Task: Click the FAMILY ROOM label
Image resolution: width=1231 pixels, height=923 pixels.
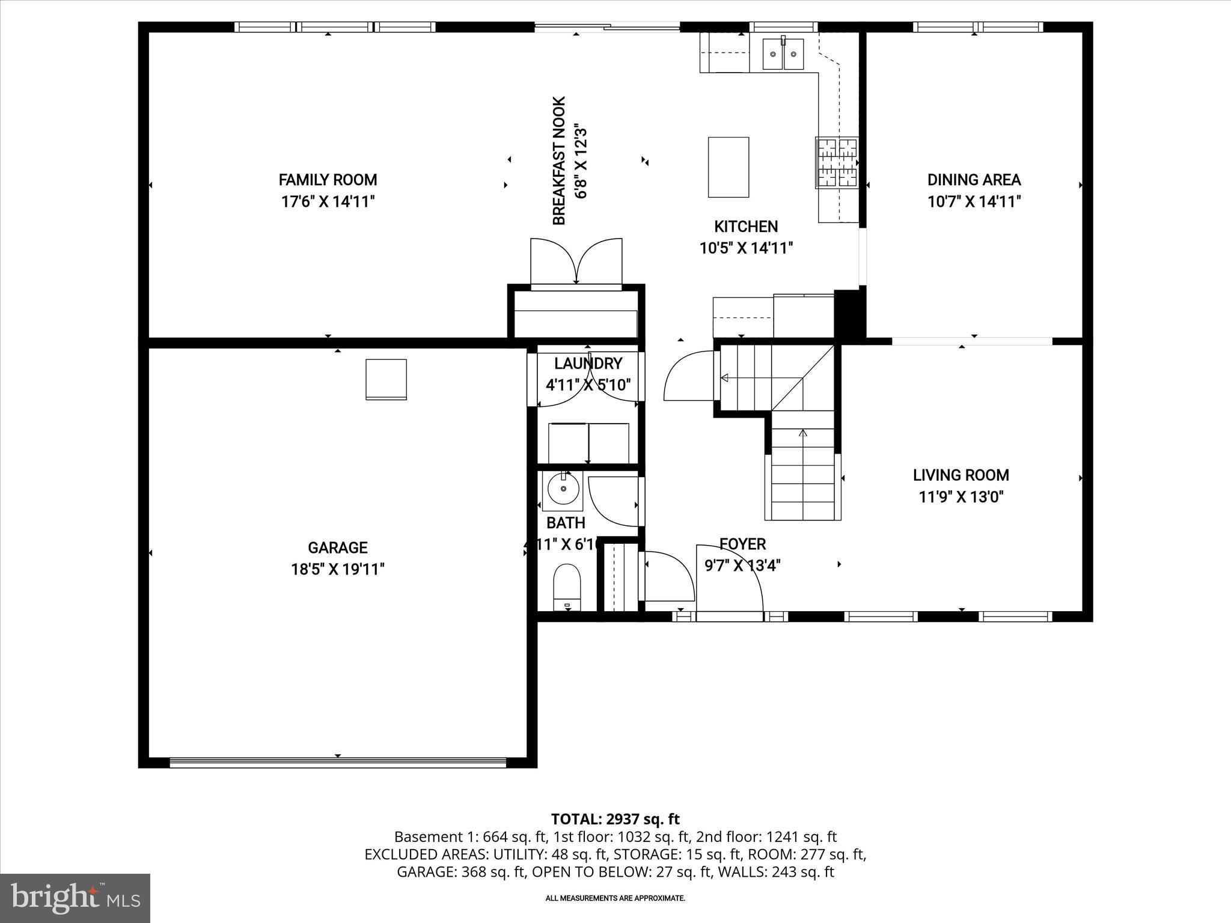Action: click(x=328, y=180)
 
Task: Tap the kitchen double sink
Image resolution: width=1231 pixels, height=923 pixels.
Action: click(x=784, y=54)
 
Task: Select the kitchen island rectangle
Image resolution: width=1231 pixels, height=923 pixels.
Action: click(x=729, y=167)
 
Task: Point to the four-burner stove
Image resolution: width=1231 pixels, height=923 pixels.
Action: click(x=835, y=162)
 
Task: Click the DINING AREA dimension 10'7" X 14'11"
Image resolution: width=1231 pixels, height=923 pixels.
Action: click(x=974, y=201)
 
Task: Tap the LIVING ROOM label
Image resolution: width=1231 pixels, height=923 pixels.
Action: click(x=961, y=475)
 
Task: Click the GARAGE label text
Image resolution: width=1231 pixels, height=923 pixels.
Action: click(x=337, y=547)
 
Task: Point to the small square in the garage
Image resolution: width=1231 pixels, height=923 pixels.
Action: click(x=386, y=379)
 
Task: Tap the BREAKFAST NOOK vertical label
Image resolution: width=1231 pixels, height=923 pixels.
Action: click(x=559, y=161)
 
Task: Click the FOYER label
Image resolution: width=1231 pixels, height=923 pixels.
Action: click(x=742, y=544)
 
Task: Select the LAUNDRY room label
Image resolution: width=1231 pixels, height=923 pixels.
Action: click(x=587, y=363)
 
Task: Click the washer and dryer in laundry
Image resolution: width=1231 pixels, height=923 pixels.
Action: click(x=588, y=443)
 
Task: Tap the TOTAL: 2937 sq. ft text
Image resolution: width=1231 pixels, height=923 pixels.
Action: click(x=615, y=818)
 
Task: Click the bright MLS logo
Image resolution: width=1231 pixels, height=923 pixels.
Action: click(x=75, y=898)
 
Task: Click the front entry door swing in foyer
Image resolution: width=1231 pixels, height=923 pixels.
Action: click(x=729, y=577)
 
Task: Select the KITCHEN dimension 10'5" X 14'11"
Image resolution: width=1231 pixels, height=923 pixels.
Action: click(x=746, y=248)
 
